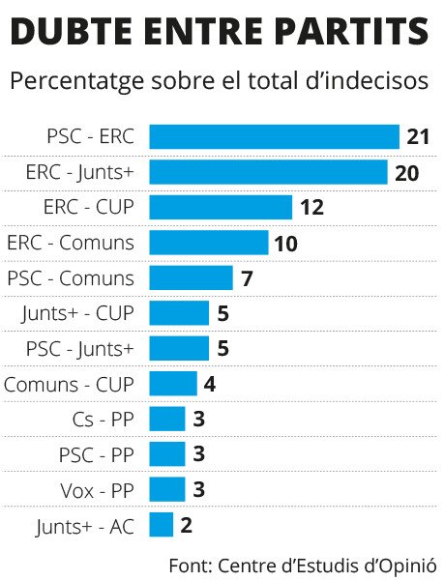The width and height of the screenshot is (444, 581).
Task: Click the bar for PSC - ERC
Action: (275, 136)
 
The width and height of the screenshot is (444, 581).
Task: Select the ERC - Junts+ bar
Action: (268, 172)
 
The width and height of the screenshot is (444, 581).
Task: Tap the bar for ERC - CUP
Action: (221, 207)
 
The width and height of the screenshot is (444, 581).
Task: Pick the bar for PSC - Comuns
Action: (191, 277)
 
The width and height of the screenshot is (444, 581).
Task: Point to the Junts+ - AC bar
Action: (162, 524)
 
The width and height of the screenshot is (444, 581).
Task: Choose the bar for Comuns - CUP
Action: (173, 384)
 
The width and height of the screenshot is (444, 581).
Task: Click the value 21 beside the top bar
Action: (418, 136)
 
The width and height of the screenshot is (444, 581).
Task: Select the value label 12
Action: (312, 207)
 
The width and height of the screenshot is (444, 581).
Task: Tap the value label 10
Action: (285, 244)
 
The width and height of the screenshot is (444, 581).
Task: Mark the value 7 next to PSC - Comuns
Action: (247, 278)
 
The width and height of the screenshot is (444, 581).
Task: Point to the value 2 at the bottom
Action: (187, 525)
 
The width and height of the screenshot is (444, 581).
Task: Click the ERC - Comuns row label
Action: (71, 243)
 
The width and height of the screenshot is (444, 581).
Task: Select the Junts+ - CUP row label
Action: (77, 314)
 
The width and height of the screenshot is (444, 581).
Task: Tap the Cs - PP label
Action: (104, 420)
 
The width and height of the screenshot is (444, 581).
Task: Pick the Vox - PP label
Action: (97, 490)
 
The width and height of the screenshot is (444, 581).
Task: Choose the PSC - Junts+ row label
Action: (79, 349)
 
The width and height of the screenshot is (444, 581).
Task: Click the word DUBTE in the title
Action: (71, 31)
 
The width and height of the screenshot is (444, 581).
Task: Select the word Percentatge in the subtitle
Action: (76, 81)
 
